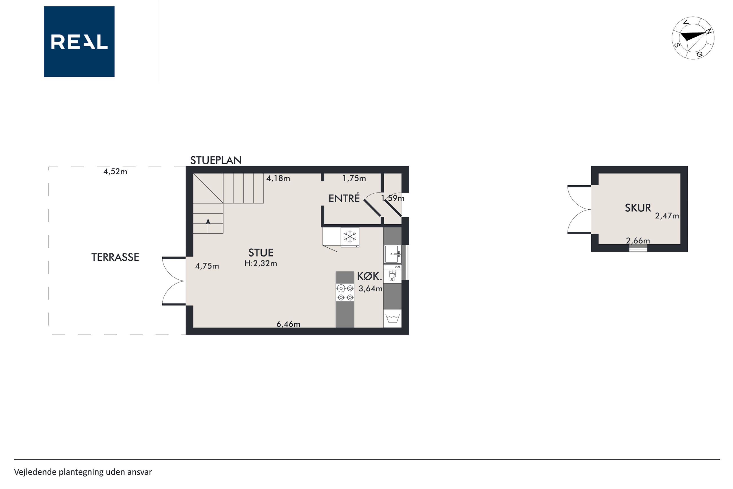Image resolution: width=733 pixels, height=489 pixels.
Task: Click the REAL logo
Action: pos(79,41)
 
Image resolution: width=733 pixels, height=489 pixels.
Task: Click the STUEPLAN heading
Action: pos(216,160)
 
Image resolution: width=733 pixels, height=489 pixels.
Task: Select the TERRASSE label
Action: pos(115,257)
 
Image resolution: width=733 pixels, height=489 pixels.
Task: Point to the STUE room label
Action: pos(261,252)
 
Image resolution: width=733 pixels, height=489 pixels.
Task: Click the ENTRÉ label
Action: pos(344,198)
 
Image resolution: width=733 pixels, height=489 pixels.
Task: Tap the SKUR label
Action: pos(638,208)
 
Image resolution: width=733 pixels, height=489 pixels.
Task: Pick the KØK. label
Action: pos(369,276)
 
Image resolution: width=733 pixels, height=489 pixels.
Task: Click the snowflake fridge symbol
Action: pos(350,237)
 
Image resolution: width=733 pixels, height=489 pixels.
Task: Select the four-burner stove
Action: pos(345,293)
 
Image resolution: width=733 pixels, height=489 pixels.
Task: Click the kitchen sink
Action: pos(392,254)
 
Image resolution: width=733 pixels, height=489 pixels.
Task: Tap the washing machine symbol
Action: pos(392,318)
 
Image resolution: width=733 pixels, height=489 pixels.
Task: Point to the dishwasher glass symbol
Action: pos(392,276)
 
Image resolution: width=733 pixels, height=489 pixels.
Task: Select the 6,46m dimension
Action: pos(288,324)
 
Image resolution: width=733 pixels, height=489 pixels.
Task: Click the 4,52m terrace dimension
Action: pos(115,172)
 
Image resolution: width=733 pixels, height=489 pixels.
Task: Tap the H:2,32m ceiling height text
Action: pos(261,264)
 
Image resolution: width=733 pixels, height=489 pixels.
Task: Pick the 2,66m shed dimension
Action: pos(638,240)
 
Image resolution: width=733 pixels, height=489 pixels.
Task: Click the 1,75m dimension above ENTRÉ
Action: pos(354,178)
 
